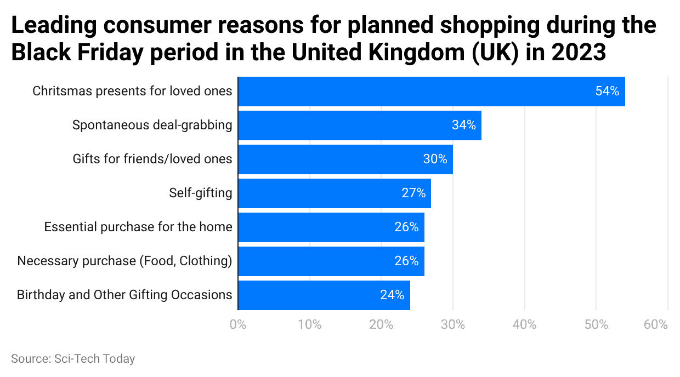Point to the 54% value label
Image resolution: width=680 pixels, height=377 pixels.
point(607,92)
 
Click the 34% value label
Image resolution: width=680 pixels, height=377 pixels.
point(463,125)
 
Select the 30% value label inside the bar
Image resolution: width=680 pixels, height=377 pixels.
point(435,159)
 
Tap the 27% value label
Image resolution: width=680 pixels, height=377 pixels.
point(413,193)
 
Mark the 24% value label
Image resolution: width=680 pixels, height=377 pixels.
point(392,295)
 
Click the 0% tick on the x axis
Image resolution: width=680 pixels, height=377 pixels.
point(238,324)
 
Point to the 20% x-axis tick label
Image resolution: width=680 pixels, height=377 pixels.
point(381,324)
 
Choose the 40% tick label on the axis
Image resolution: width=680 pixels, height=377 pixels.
point(524,324)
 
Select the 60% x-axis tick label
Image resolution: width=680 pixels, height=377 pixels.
point(656,324)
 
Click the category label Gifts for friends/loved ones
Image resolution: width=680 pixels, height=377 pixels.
point(152,159)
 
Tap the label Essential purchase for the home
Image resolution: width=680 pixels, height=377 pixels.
point(138,227)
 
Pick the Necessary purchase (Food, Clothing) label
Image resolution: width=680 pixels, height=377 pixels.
point(124,261)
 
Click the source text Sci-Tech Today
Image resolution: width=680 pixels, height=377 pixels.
point(94,359)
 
